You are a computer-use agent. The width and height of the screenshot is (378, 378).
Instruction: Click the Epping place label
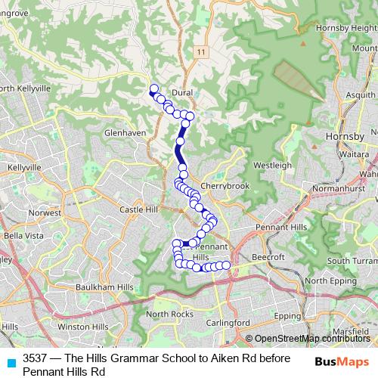point(287,315)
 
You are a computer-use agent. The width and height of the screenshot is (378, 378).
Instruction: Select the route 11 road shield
point(200,52)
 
